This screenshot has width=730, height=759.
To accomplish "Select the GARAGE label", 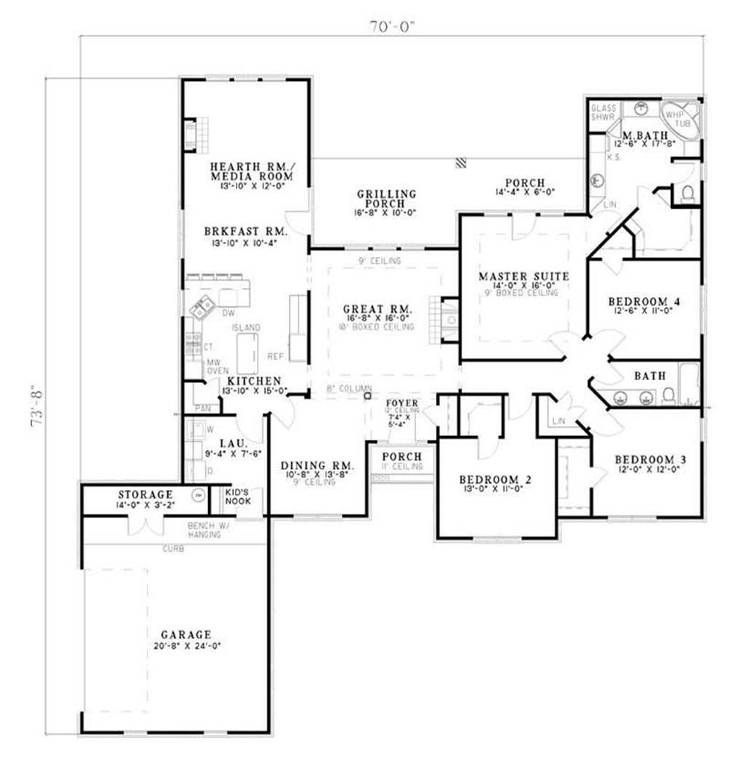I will pyautogui.click(x=188, y=634).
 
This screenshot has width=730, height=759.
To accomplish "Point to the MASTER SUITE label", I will pyautogui.click(x=523, y=276).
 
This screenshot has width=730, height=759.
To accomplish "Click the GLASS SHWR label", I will pyautogui.click(x=604, y=112).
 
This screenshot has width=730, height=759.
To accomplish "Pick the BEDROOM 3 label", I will pyautogui.click(x=650, y=459).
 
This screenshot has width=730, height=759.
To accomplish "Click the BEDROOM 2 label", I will pyautogui.click(x=495, y=479).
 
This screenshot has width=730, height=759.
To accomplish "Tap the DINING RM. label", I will pyautogui.click(x=318, y=465).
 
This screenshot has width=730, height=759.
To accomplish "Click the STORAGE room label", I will pyautogui.click(x=145, y=495).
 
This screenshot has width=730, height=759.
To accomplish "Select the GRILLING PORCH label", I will pyautogui.click(x=386, y=199).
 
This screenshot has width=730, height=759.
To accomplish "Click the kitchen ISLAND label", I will pyautogui.click(x=245, y=329).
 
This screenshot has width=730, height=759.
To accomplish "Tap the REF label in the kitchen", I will pyautogui.click(x=275, y=357).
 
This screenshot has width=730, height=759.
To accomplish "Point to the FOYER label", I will pyautogui.click(x=401, y=403).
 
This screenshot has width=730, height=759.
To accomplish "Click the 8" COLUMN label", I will pyautogui.click(x=349, y=388).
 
